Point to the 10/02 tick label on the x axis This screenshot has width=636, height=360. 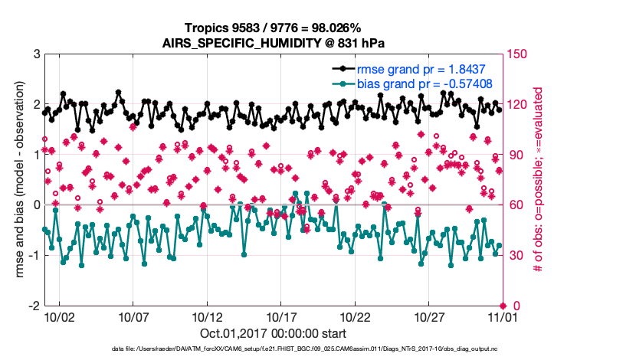[59, 316]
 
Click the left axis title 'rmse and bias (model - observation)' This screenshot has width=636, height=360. [16, 180]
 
